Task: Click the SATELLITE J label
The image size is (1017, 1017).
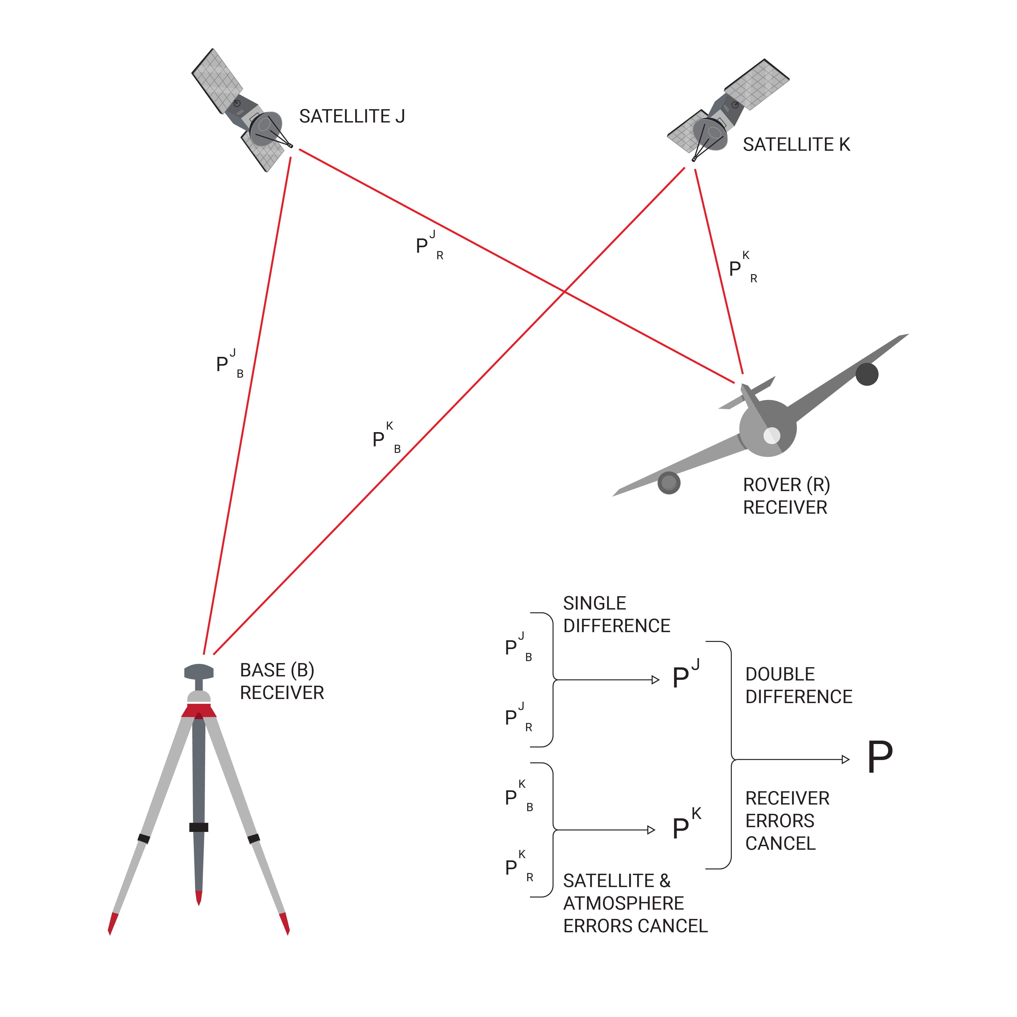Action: [x=352, y=116]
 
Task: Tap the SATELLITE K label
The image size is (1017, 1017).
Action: [x=796, y=145]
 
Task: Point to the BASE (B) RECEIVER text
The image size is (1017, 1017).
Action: [x=282, y=681]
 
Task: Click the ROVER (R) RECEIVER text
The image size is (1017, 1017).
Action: [x=786, y=496]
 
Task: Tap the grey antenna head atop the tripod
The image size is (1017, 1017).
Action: [x=199, y=672]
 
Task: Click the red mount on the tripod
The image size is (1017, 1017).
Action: [x=199, y=711]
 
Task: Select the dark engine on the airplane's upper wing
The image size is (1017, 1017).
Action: [x=867, y=374]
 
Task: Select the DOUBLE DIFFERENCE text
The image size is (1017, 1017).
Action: [x=798, y=685]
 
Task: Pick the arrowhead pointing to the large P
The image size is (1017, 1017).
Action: [x=846, y=760]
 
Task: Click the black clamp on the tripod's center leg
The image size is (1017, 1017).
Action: [x=199, y=827]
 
